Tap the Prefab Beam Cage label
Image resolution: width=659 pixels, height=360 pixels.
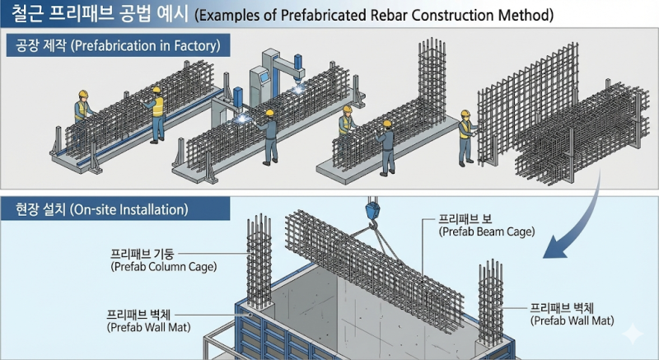(x=487, y=226)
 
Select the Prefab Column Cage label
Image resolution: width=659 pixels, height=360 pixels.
(x=163, y=260)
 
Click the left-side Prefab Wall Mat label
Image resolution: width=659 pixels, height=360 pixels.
(x=148, y=321)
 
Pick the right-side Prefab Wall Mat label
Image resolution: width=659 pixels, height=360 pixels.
(x=572, y=314)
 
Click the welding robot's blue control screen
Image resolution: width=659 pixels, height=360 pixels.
(x=264, y=77)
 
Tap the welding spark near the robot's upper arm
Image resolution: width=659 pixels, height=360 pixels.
(x=299, y=89)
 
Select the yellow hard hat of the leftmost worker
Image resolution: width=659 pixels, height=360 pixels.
(x=83, y=94)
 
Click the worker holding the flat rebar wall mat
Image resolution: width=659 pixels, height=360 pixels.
(x=466, y=138)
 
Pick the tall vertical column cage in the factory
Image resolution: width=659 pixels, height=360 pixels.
(x=432, y=80)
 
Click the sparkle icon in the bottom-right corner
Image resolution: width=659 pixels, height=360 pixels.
(x=633, y=334)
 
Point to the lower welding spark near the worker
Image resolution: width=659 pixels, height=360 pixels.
(x=242, y=119)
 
